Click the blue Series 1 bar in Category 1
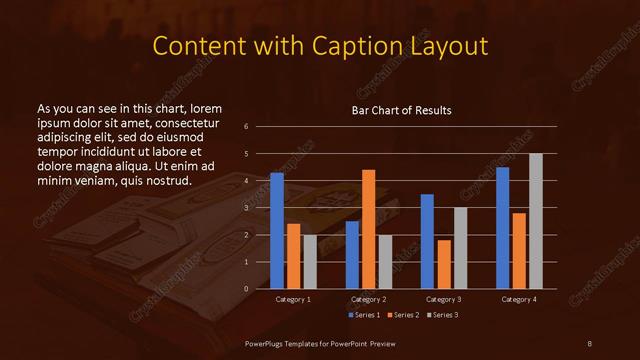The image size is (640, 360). coord(277,231)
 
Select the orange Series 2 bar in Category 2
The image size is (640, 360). coord(369,229)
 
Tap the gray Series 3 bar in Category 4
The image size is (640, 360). coord(536,221)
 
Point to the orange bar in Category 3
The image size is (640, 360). coord(444,264)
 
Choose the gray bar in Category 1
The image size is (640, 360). coord(310,262)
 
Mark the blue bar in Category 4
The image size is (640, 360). coord(503,228)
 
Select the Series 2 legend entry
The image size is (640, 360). coord(402,315)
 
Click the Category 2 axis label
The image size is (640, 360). coord(369,299)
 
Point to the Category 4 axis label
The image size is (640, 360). coord(519,299)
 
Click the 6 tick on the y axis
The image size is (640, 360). coord(260,127)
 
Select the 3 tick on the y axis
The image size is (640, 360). coord(260,208)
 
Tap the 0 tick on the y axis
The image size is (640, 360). coord(260,289)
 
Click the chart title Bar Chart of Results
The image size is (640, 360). coord(401,110)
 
